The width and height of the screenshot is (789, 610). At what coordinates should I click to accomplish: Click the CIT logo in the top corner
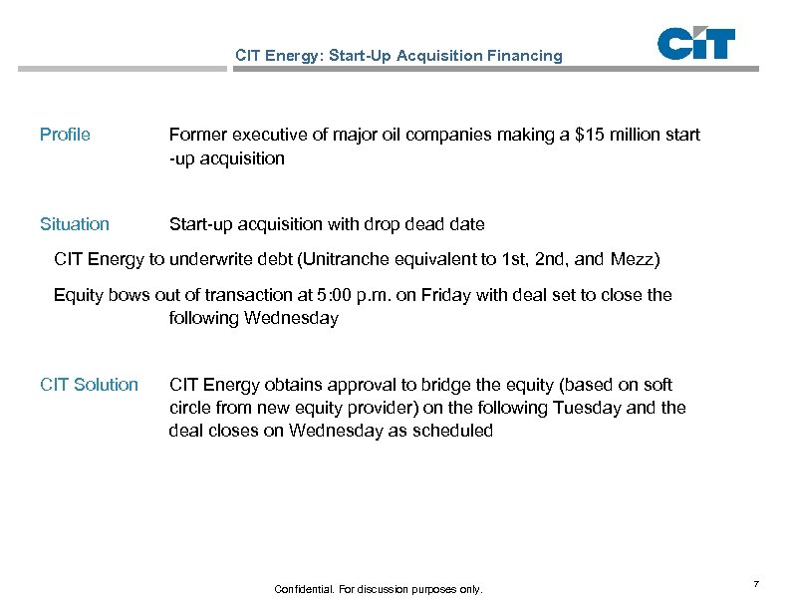(x=696, y=45)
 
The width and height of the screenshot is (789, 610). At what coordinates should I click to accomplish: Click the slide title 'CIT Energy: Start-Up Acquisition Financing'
(x=398, y=56)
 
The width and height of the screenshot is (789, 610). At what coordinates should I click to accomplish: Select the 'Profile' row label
(x=65, y=135)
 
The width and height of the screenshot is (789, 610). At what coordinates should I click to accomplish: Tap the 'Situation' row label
(x=75, y=224)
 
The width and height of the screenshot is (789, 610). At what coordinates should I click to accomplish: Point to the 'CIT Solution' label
(x=89, y=385)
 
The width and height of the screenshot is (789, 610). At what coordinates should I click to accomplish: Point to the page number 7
(x=757, y=582)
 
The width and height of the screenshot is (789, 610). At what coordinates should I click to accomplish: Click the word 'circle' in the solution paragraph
(x=190, y=408)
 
